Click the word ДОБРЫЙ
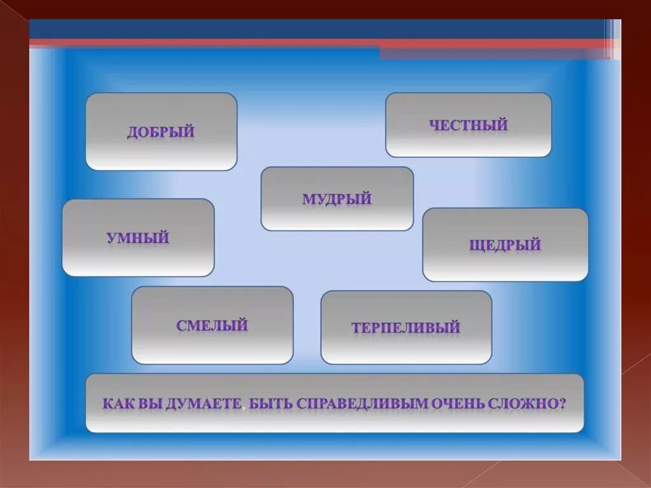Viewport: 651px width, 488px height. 160,132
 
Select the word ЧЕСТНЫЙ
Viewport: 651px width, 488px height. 468,125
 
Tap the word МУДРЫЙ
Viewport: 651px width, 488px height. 336,199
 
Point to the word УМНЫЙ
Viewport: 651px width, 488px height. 138,239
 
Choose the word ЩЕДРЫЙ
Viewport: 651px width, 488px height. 505,245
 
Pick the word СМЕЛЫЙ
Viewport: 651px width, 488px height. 212,326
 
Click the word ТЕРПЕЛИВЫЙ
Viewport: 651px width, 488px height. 406,328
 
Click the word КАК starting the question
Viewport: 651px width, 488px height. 116,403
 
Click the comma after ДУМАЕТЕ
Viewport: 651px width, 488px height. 243,408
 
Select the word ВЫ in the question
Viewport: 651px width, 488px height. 149,403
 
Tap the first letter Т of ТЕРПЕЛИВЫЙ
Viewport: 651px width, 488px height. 355,328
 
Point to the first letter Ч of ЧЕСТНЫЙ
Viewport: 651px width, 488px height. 434,125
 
